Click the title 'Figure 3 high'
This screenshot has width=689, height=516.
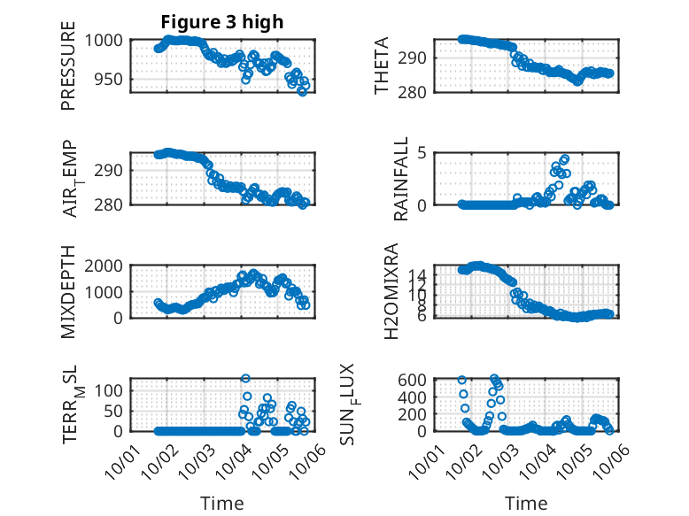coord(221,22)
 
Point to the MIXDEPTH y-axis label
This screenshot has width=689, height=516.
coord(68,292)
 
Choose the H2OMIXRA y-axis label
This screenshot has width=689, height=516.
coord(391,291)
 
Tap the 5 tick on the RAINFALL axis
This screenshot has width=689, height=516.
coord(423,153)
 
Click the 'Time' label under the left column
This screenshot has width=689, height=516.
coord(221,503)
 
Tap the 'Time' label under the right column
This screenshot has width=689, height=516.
coord(526,503)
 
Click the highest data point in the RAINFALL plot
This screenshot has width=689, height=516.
coord(564,159)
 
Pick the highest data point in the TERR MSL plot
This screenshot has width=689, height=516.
coord(245,379)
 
